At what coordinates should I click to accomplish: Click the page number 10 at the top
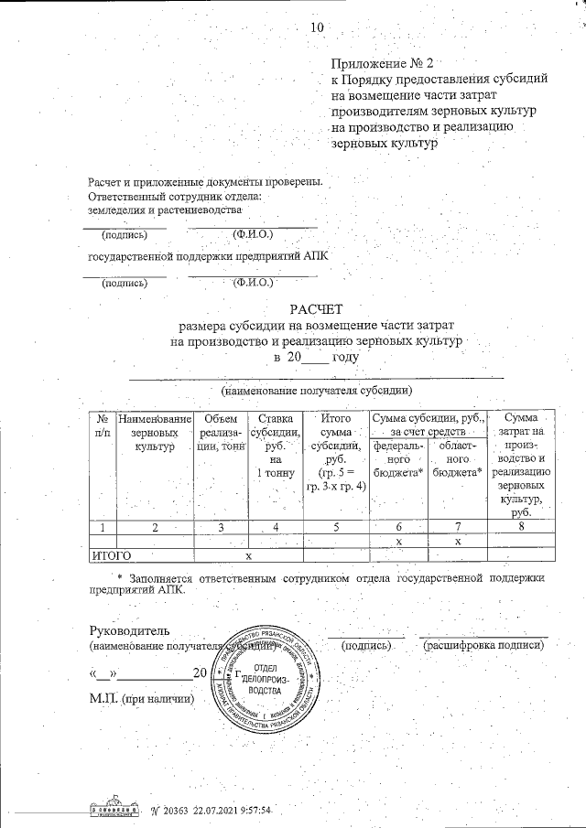coord(318,27)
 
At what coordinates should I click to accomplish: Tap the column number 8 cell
coord(520,527)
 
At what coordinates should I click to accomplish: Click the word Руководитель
coord(129,630)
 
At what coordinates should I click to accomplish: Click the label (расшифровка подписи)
coord(483,645)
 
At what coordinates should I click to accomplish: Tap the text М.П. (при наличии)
coord(143,698)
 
